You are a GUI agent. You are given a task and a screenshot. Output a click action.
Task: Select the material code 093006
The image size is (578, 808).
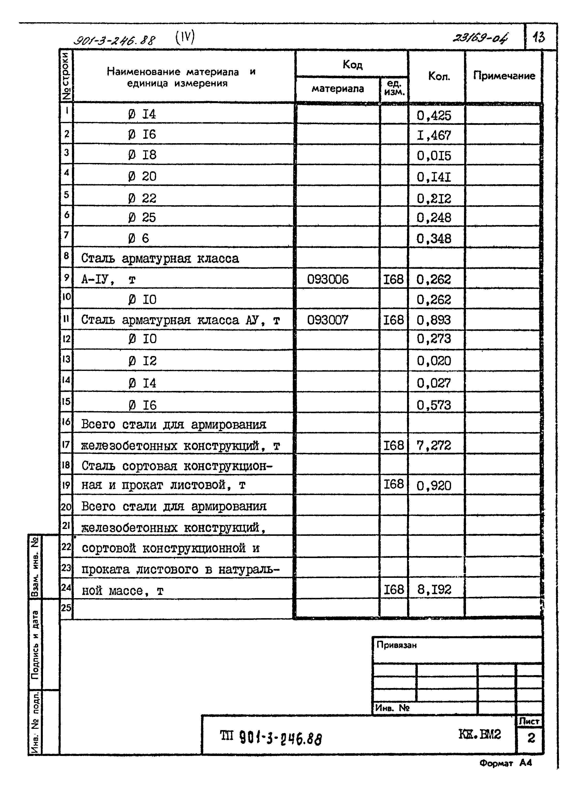coord(328,280)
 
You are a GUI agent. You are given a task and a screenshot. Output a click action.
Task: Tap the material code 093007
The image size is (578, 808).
coord(328,320)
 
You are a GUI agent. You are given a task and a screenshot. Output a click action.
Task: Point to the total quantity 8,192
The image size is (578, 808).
coord(434,590)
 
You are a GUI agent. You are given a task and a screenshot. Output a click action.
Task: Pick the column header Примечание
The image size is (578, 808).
coord(504,76)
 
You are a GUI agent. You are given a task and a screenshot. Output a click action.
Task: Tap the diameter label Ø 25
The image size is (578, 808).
coord(142,217)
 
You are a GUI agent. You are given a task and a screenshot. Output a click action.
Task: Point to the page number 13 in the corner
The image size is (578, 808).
coord(539,37)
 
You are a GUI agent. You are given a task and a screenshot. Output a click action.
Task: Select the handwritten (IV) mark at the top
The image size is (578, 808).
coord(185,38)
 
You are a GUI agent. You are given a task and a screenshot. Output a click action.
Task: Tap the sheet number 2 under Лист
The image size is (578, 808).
coord(531,739)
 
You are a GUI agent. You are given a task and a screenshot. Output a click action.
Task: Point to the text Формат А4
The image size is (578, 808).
coord(505,763)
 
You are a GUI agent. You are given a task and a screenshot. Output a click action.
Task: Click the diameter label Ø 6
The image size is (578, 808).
coord(138,238)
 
